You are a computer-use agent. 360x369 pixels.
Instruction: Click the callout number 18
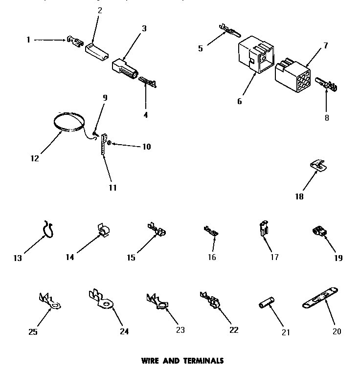coord(299,197)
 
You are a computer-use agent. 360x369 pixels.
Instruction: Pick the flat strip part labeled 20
coord(320,299)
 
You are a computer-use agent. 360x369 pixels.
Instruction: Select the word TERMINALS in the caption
coord(203,361)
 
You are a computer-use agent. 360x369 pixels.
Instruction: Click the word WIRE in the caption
coord(151,361)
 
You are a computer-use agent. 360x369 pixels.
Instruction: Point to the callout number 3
coord(144,28)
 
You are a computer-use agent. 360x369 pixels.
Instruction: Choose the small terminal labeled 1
coord(74,41)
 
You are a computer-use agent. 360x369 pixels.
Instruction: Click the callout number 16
coord(211,258)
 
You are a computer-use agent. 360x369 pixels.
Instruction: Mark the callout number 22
coord(233,330)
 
